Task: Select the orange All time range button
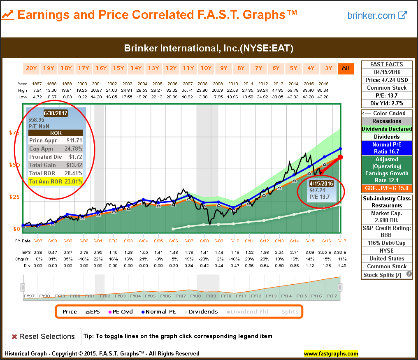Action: tap(346, 68)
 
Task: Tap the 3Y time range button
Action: tap(328, 68)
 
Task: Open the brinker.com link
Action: tap(377, 16)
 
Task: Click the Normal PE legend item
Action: tap(158, 311)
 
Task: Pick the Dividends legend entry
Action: tap(200, 311)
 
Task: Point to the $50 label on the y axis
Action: tap(15, 165)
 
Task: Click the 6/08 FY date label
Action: tap(204, 241)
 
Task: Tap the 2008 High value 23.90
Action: tap(204, 91)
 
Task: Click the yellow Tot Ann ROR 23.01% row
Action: tap(56, 181)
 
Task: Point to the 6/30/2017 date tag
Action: tap(56, 113)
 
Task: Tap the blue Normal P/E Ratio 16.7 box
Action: tap(386, 148)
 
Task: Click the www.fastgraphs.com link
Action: tap(331, 353)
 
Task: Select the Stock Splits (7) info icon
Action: tap(409, 274)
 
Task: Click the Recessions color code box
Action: tap(386, 121)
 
